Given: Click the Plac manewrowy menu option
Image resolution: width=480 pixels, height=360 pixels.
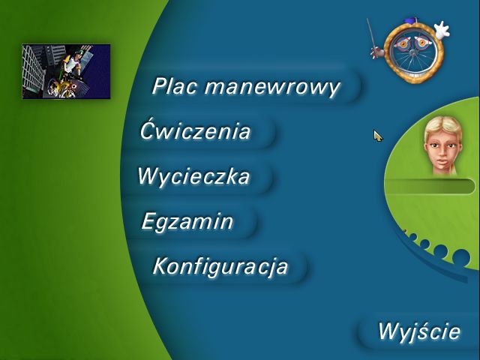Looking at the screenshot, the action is point(246,87).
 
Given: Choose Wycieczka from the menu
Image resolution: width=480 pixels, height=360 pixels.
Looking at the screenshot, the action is point(193,176).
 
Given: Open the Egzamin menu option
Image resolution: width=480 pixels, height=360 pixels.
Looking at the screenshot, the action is point(187,222).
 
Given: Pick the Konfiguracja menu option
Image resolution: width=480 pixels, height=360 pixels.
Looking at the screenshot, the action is point(220,266).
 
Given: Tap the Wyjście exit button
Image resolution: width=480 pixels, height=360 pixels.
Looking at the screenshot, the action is point(419,331).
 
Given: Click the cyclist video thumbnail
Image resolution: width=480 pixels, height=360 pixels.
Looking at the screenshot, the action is point(66,71).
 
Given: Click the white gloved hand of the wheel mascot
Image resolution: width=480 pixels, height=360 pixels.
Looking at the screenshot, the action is point(442,30).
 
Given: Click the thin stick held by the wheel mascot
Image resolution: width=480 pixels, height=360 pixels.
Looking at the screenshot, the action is point(371,36).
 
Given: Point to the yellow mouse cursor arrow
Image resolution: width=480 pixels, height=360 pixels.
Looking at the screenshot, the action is point(378,136).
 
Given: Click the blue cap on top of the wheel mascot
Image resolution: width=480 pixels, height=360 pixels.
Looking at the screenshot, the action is point(409,21).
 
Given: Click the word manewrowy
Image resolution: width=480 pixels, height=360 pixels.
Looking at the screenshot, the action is point(272,87).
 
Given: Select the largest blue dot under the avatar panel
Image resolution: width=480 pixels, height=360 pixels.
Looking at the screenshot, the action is point(461,256).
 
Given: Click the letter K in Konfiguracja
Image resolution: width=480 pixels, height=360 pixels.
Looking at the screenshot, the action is point(160,266).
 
